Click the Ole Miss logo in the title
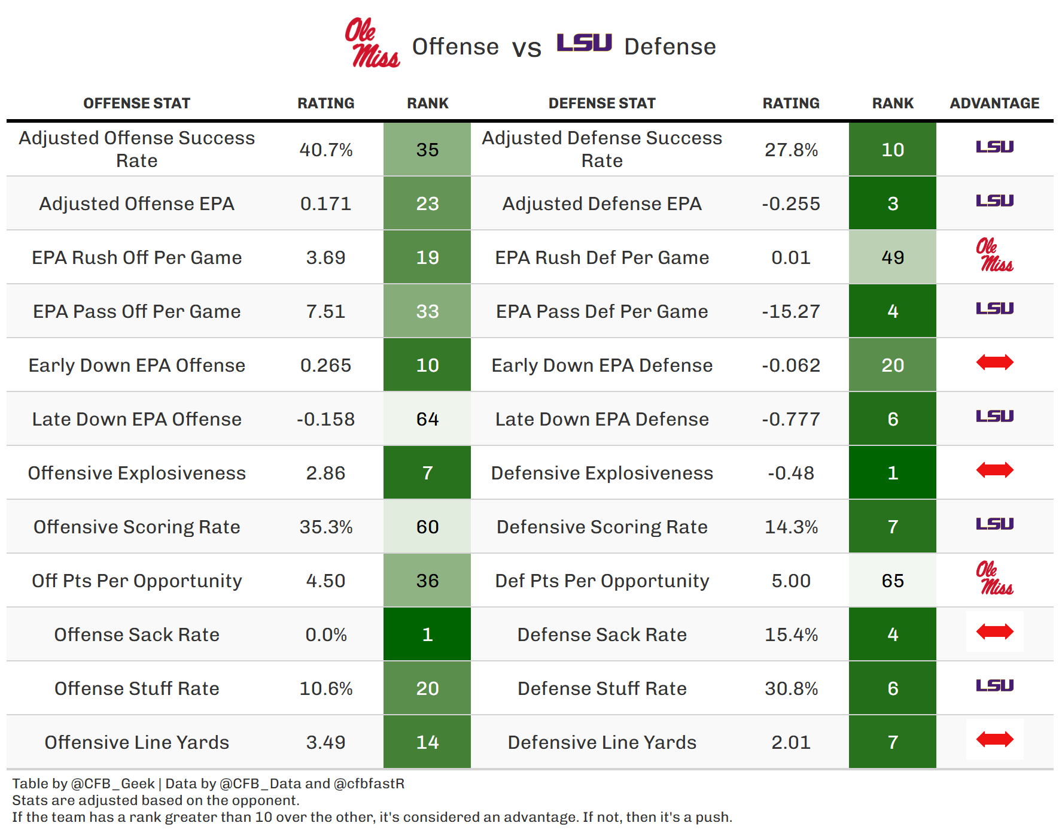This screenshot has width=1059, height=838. (x=372, y=42)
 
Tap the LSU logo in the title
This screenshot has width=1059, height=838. (x=584, y=42)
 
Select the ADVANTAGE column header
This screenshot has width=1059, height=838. (x=994, y=104)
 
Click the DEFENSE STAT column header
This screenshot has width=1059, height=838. (x=602, y=104)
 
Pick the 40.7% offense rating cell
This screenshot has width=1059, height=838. (x=326, y=150)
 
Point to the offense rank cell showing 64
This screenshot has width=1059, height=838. (x=427, y=419)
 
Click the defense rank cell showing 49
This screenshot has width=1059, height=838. (x=893, y=257)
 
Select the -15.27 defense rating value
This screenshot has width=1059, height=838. (x=791, y=311)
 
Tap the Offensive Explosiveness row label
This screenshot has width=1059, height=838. (x=137, y=473)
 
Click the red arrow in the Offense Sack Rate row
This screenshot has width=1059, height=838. (x=994, y=631)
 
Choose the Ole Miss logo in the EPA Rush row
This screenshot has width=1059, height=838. (x=994, y=255)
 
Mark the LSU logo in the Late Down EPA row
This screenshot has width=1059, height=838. (x=994, y=416)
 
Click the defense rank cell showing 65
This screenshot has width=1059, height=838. (x=893, y=581)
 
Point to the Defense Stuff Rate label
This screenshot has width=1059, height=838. (x=602, y=688)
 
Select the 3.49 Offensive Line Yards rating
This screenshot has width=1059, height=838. (x=326, y=742)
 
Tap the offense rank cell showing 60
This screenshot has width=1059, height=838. (x=427, y=527)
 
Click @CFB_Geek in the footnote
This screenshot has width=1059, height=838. (x=113, y=784)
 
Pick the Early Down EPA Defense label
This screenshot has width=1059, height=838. (x=602, y=365)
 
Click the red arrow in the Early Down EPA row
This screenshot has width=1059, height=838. (x=994, y=362)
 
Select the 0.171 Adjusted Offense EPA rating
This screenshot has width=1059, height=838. (x=326, y=204)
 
